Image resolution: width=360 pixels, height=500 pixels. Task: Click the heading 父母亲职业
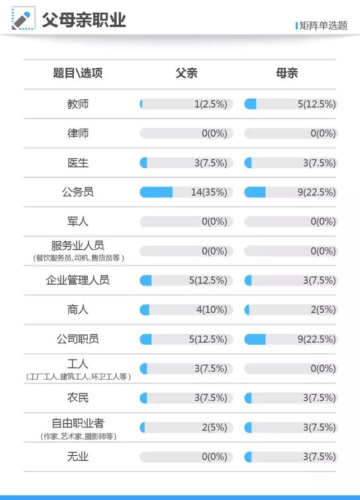tap(83, 20)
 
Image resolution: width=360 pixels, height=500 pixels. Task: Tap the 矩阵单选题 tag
tap(323, 25)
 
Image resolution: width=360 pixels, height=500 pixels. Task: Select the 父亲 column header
tap(186, 74)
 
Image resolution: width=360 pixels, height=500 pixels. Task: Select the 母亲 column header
tap(287, 74)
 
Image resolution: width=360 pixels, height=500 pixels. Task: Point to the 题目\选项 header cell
tap(78, 74)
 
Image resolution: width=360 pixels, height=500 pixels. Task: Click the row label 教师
tap(78, 104)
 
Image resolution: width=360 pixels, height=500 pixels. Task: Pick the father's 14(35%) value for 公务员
tap(209, 192)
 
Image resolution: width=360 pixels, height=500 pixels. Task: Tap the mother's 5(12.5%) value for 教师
tap(316, 104)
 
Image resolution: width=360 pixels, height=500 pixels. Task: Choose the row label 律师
tap(78, 133)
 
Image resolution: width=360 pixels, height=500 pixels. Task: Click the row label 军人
tap(78, 222)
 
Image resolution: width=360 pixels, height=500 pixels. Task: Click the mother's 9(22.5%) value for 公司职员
tap(316, 339)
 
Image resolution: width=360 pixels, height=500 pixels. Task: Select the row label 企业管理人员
tap(78, 281)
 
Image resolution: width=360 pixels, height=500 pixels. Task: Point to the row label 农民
tap(78, 398)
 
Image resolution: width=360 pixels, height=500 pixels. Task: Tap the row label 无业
tap(78, 457)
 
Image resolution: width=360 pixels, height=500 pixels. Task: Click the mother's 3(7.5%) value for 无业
tap(319, 457)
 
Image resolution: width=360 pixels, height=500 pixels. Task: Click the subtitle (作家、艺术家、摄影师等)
tap(78, 437)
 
